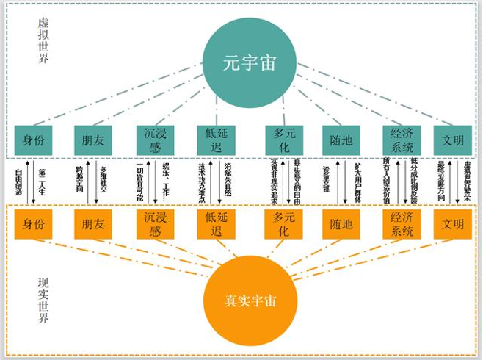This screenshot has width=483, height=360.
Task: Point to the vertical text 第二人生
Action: coord(41,180)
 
